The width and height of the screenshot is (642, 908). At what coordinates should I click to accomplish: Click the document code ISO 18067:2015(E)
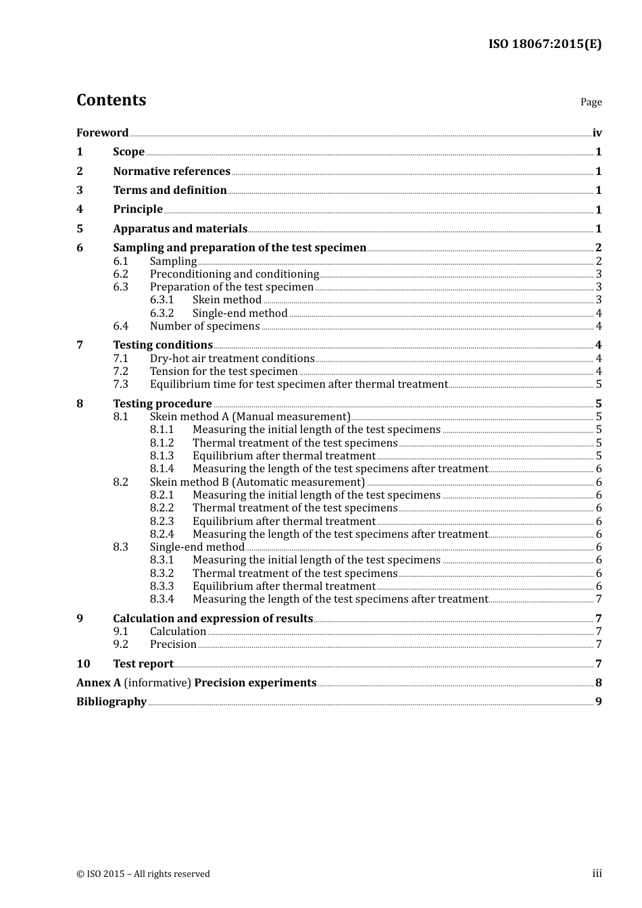545,45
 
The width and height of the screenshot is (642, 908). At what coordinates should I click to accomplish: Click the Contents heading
111,100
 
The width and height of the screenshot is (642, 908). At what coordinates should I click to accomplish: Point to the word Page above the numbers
591,102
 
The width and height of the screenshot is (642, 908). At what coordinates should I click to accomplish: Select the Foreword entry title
102,133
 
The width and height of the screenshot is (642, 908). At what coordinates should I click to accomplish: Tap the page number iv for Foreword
597,133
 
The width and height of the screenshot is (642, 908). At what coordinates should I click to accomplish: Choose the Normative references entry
172,172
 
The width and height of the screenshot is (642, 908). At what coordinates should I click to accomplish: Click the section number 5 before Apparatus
80,229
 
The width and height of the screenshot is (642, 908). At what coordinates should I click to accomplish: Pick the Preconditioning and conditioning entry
234,274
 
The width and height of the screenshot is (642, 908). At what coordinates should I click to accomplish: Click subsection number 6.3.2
162,313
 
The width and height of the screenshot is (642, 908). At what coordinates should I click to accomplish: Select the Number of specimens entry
204,326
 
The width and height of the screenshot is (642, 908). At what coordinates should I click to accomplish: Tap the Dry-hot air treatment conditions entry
232,359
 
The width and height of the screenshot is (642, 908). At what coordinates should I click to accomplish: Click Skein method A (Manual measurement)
250,417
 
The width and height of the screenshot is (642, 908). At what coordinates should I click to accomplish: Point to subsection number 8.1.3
162,456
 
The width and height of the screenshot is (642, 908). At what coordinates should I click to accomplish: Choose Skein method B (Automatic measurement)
257,482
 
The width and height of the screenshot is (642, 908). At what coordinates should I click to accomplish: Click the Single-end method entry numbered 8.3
197,547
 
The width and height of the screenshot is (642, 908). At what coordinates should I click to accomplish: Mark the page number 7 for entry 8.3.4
599,599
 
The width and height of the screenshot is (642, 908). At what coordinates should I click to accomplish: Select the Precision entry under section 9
173,645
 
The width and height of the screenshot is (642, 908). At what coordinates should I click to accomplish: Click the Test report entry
143,664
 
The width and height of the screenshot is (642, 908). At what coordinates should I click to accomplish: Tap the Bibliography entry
112,702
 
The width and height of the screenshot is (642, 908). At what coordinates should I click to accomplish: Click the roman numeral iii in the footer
597,874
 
